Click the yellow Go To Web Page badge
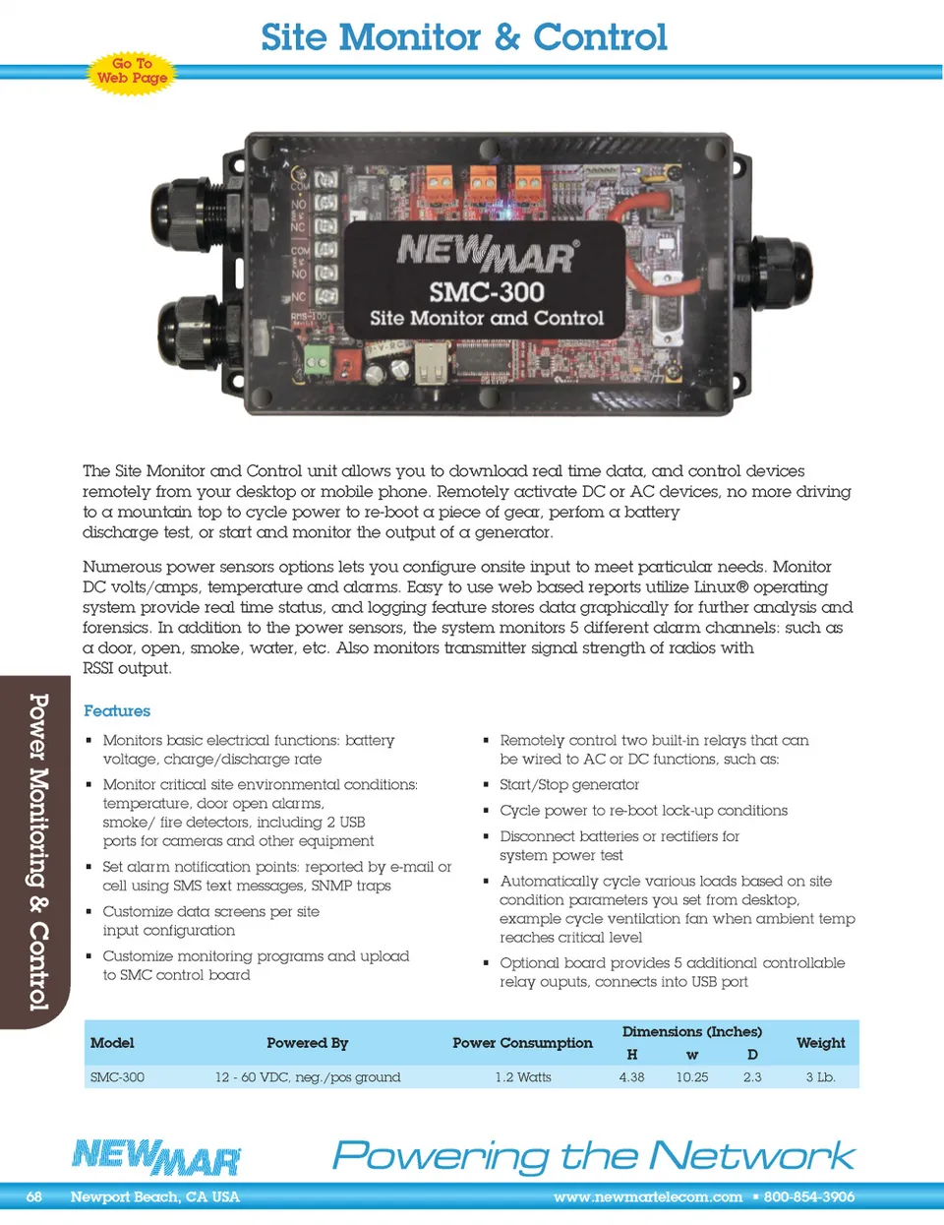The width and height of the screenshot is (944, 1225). [132, 71]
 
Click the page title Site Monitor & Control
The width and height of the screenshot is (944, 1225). [463, 37]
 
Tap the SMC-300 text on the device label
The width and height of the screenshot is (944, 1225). [487, 291]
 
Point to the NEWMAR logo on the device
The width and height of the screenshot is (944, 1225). [487, 253]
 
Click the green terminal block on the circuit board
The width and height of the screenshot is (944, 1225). [317, 360]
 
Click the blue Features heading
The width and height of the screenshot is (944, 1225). [117, 710]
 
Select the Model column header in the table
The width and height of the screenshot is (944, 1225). [112, 1043]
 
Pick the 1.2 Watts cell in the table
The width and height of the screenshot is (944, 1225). [523, 1077]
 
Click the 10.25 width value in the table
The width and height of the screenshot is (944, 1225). [692, 1077]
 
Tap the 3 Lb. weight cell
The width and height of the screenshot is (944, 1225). [820, 1077]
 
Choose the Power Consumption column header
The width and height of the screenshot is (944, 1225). [522, 1043]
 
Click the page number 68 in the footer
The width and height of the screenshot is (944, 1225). [34, 1197]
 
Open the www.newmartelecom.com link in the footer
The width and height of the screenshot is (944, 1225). [647, 1197]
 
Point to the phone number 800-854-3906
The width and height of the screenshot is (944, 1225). [809, 1197]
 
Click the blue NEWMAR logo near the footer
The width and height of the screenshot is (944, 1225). [156, 1156]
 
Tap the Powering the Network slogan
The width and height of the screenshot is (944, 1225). [593, 1155]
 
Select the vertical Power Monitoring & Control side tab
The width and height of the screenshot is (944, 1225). [37, 851]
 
